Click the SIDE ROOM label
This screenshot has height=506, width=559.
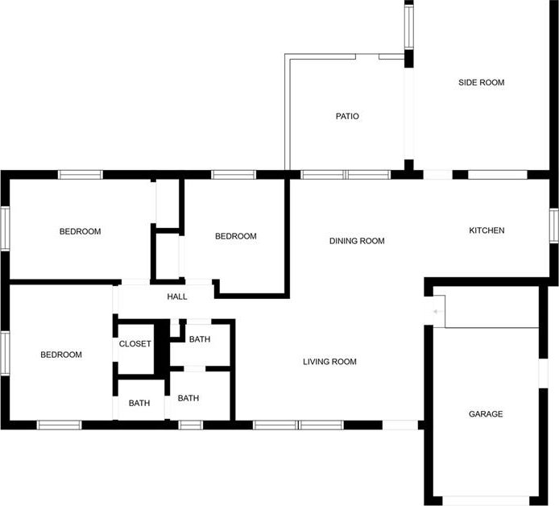(482, 82)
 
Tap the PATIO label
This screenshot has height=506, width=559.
(347, 116)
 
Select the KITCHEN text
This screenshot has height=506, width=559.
(487, 230)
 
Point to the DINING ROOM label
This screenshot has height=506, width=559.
(357, 241)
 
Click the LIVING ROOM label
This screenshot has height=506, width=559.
(329, 362)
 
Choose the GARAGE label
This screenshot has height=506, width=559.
(486, 414)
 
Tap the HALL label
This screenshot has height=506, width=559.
(177, 297)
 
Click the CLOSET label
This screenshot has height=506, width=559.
(135, 344)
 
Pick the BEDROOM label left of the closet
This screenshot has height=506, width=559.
(61, 355)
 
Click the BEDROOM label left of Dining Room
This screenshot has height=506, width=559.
(236, 236)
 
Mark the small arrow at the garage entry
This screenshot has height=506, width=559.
(438, 312)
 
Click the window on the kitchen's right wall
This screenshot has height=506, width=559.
(553, 226)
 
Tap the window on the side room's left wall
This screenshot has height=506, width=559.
(409, 27)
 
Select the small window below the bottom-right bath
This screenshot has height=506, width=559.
(190, 425)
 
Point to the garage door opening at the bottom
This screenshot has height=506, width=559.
(486, 500)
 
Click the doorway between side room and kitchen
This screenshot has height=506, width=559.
(438, 175)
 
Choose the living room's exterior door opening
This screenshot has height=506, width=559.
(400, 425)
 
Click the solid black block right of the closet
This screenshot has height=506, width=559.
(161, 347)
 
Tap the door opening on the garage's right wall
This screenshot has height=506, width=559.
(544, 373)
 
